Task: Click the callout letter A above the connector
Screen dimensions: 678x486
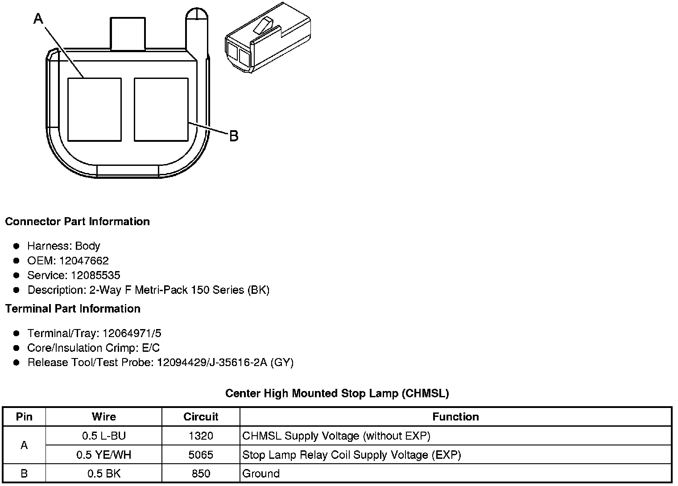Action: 38,18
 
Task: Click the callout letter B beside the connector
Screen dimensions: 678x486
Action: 234,136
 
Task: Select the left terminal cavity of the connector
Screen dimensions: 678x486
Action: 95,110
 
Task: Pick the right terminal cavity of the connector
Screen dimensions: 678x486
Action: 161,110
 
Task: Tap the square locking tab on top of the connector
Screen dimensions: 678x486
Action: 128,33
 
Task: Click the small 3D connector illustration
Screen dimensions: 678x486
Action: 268,37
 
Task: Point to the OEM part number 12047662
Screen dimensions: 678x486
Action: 84,260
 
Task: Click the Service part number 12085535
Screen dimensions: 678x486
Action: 95,275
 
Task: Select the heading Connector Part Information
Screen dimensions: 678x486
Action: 78,222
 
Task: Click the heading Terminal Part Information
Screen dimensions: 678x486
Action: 73,309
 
